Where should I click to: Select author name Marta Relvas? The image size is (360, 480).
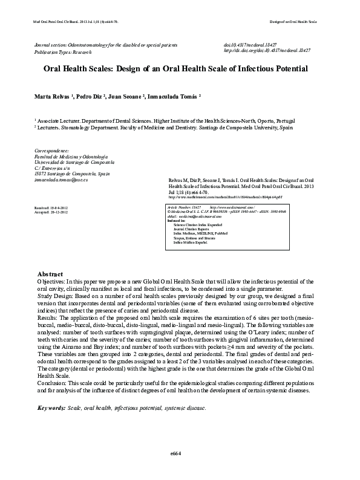53,96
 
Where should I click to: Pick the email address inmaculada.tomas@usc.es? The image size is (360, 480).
62,180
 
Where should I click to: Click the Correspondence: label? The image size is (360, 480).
53,150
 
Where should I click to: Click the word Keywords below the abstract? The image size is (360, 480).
51,408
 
